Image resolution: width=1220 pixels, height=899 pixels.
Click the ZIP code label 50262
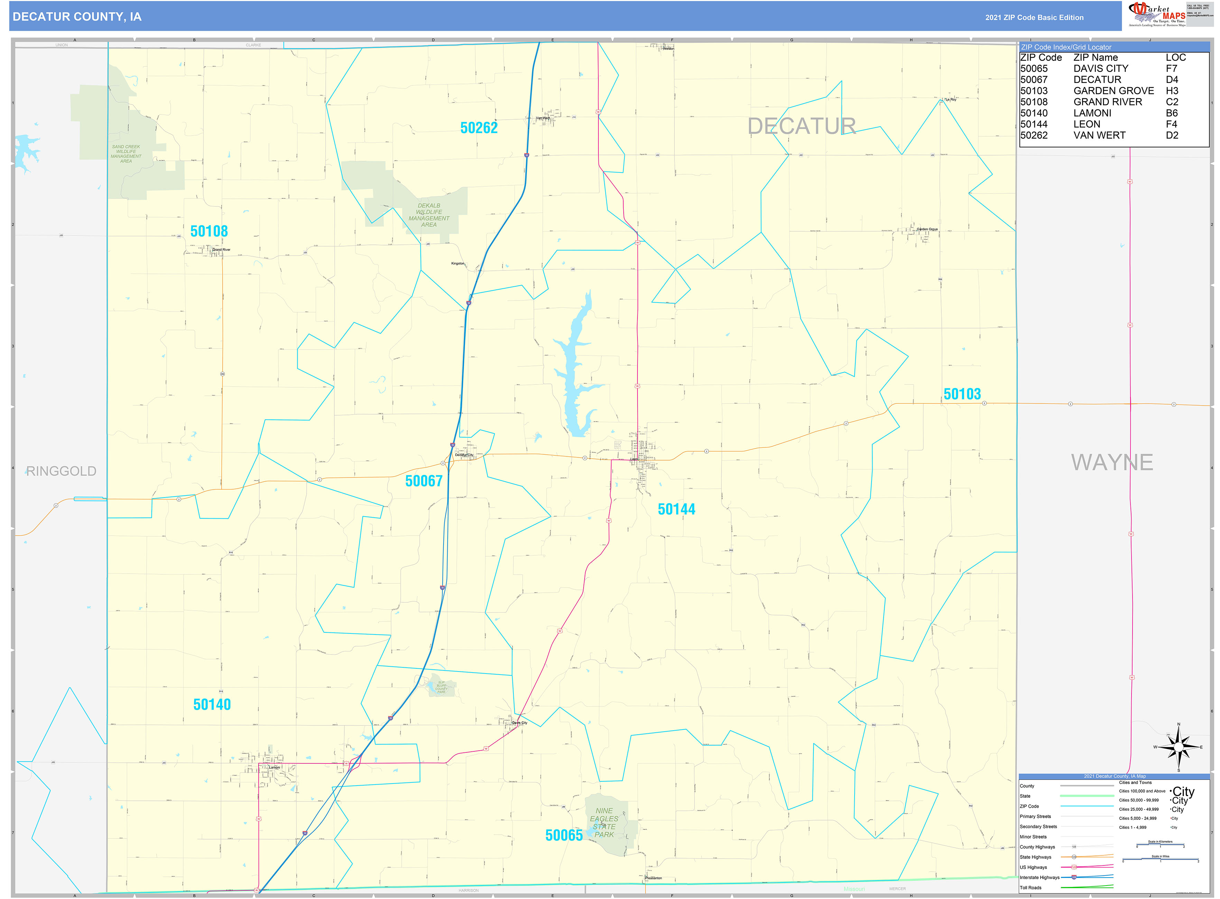(x=478, y=128)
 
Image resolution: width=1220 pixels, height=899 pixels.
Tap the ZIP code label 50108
(x=209, y=231)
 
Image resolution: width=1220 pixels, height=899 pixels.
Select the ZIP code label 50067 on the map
(x=423, y=481)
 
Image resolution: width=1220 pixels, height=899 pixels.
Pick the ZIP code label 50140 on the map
(x=212, y=705)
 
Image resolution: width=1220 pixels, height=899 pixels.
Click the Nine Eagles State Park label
(x=604, y=822)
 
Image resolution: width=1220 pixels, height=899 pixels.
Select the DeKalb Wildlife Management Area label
(x=429, y=215)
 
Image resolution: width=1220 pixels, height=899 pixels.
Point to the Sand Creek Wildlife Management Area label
(x=126, y=154)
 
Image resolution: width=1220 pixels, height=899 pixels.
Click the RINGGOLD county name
(x=61, y=471)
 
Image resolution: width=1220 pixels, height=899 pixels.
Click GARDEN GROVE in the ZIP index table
(x=1113, y=91)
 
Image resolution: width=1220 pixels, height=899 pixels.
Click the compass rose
(x=1178, y=748)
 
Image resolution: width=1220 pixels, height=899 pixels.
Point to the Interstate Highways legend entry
(x=1039, y=877)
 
